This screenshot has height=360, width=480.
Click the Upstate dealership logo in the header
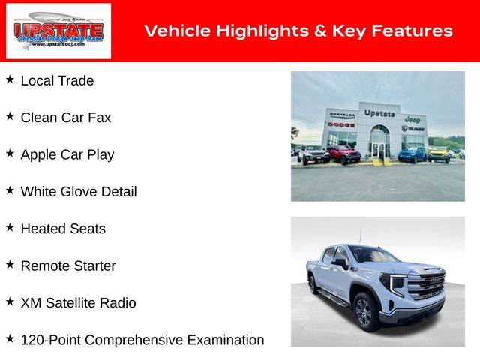pyautogui.click(x=58, y=31)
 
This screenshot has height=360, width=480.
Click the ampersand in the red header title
pyautogui.click(x=320, y=31)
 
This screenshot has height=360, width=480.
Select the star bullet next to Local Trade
pyautogui.click(x=10, y=79)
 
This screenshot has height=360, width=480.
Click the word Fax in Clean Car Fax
pyautogui.click(x=100, y=118)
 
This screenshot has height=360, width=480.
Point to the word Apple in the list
pyautogui.click(x=38, y=155)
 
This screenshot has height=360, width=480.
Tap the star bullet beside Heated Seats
pyautogui.click(x=10, y=227)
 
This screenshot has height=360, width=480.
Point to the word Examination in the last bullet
pyautogui.click(x=226, y=340)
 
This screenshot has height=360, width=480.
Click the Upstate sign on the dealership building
pyautogui.click(x=379, y=113)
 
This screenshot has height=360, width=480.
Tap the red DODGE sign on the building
pyautogui.click(x=341, y=124)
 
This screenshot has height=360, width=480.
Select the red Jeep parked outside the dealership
pyautogui.click(x=344, y=154)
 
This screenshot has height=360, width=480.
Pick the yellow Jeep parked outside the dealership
pyautogui.click(x=439, y=154)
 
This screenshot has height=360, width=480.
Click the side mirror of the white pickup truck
pyautogui.click(x=341, y=263)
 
